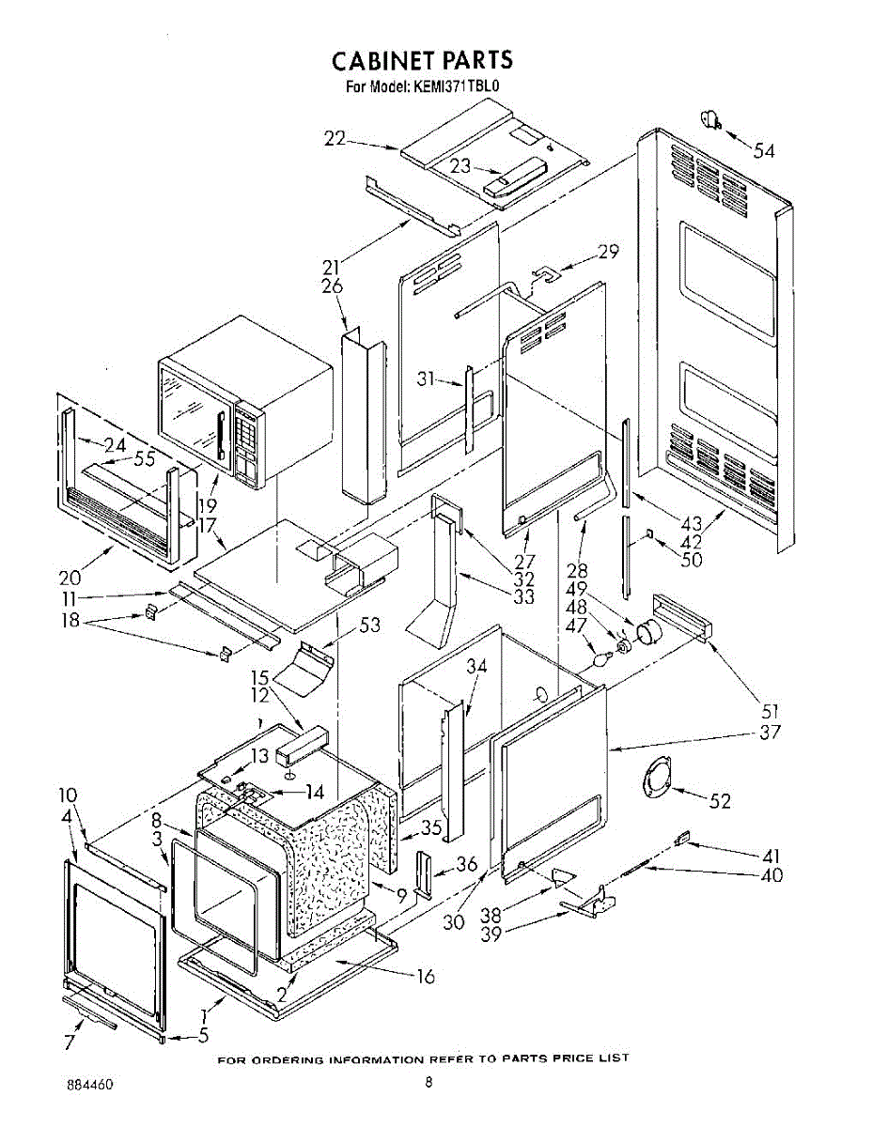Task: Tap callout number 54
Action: [x=764, y=151]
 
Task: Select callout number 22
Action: [x=335, y=138]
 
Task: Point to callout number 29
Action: [x=607, y=251]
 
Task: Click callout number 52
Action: [x=719, y=801]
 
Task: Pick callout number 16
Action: [x=425, y=976]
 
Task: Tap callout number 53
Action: [x=369, y=625]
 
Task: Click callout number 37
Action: [x=770, y=732]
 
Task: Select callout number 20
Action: [x=70, y=578]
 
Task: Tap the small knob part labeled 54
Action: [x=710, y=120]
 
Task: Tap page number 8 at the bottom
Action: [x=428, y=1081]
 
